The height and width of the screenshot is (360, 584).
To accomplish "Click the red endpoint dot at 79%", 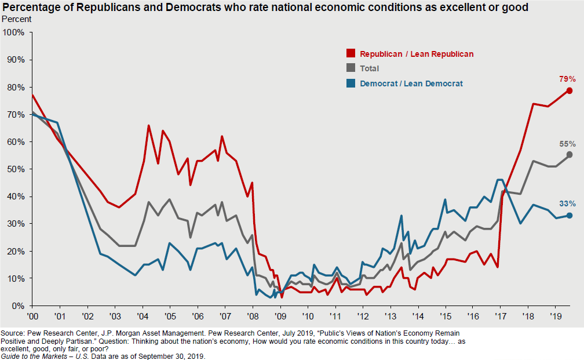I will coord(570,90).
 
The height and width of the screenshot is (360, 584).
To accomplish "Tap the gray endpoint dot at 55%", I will coord(570,154).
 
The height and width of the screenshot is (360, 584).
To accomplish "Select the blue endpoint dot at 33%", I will coord(570,215).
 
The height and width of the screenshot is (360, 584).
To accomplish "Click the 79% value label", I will coord(567,79).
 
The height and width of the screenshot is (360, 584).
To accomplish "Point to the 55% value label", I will coord(567,144).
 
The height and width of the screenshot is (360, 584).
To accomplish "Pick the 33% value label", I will coord(567,203).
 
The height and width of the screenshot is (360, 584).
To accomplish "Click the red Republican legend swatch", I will coord(351,53).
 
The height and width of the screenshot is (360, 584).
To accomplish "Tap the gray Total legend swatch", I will coord(351,68).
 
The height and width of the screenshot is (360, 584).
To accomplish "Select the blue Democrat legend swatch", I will coord(351,83).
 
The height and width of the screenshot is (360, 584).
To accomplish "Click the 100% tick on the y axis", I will coord(14,32).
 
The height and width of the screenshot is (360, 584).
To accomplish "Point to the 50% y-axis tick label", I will coord(16,169).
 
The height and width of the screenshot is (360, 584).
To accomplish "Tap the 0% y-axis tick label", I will coord(18,306).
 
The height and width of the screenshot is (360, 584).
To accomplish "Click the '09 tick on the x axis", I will coord(281,317).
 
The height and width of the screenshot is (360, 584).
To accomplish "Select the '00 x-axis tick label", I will coord(32,317).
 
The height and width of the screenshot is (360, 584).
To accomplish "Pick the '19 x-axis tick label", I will coord(556,317).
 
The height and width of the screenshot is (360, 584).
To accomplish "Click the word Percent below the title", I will coord(17,19).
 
